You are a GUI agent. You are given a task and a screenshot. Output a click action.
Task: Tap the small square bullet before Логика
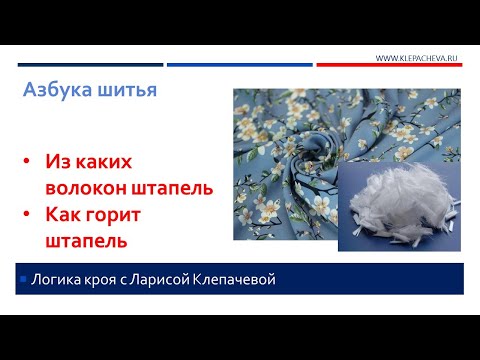click(22, 277)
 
